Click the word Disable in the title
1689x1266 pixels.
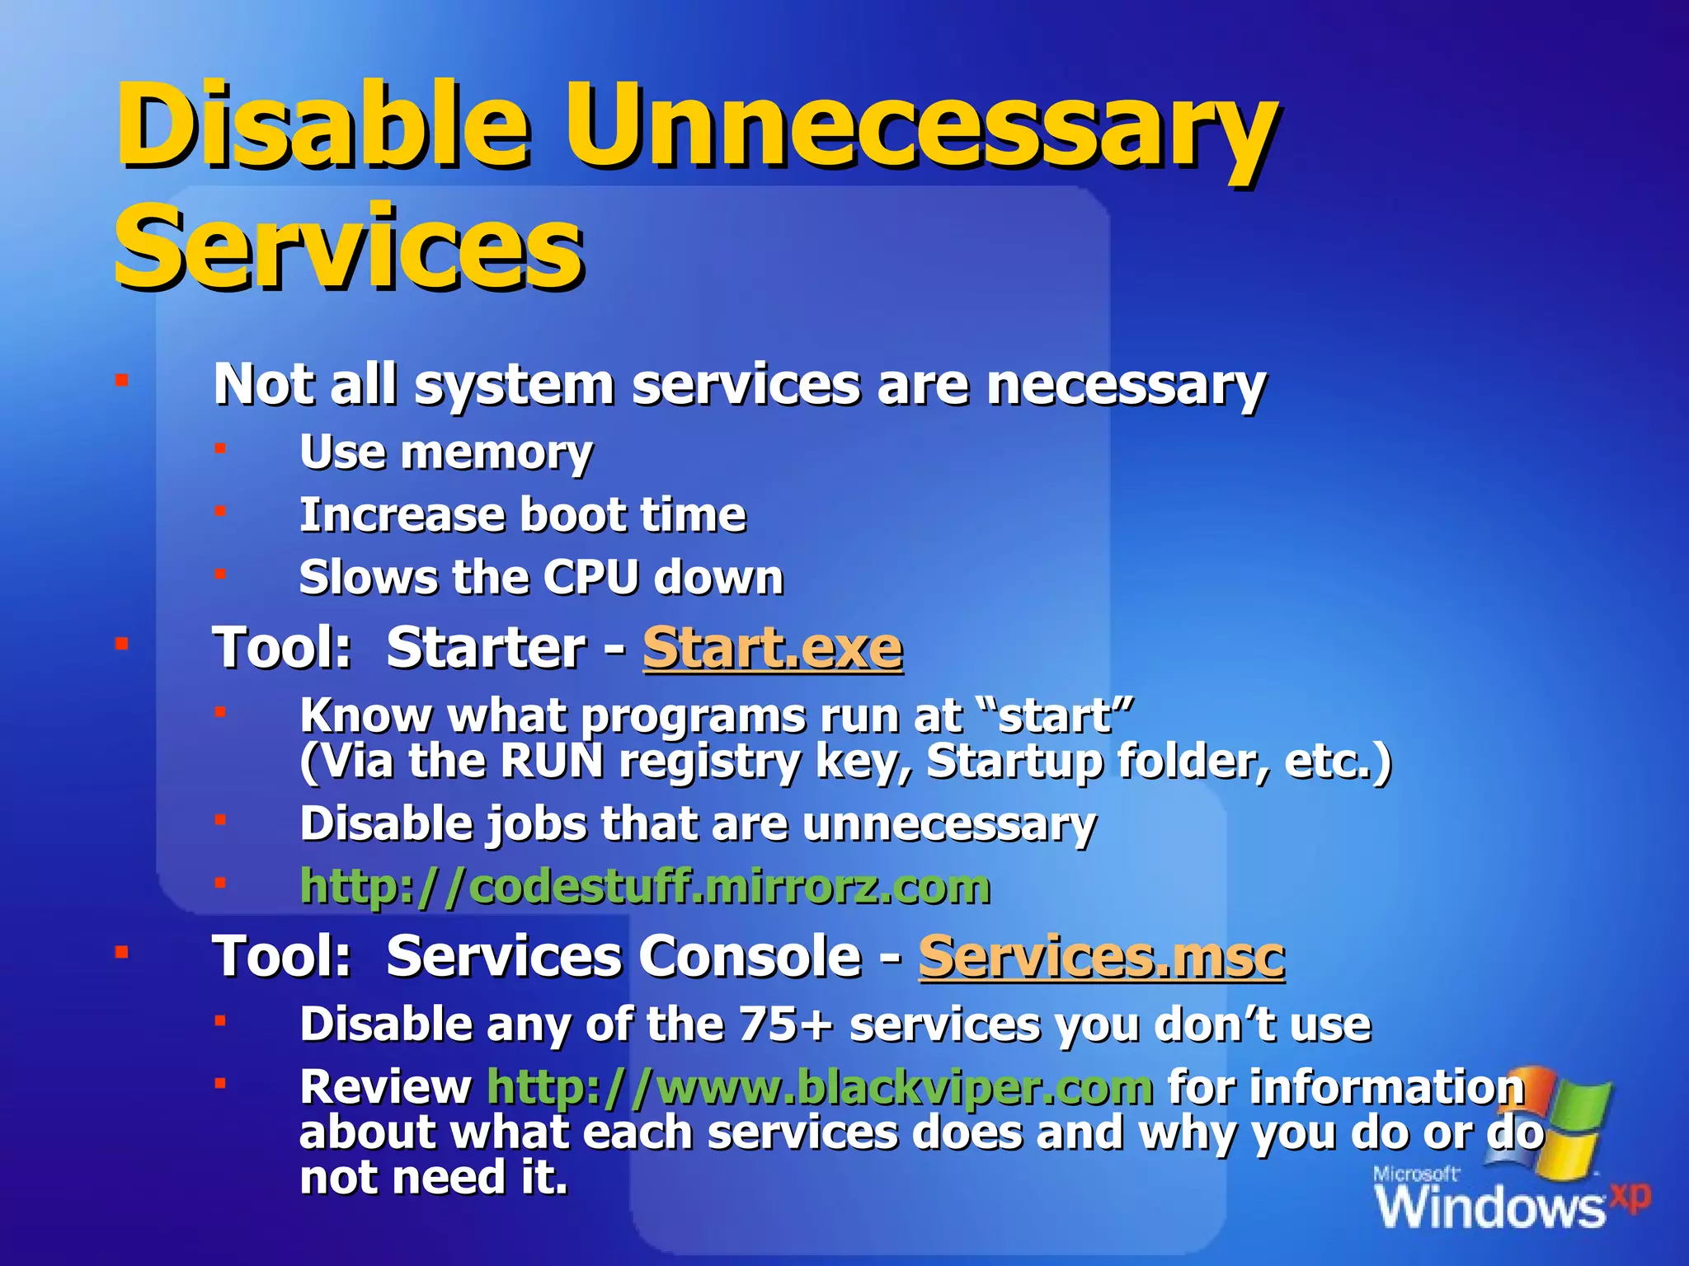point(322,125)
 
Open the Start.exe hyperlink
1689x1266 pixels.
point(772,648)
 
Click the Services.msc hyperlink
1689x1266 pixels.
point(1101,957)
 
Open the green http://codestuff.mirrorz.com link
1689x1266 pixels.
point(644,887)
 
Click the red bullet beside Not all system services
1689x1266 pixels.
point(121,380)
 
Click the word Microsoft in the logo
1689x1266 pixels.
point(1415,1174)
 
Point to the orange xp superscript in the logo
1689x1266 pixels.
point(1630,1196)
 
